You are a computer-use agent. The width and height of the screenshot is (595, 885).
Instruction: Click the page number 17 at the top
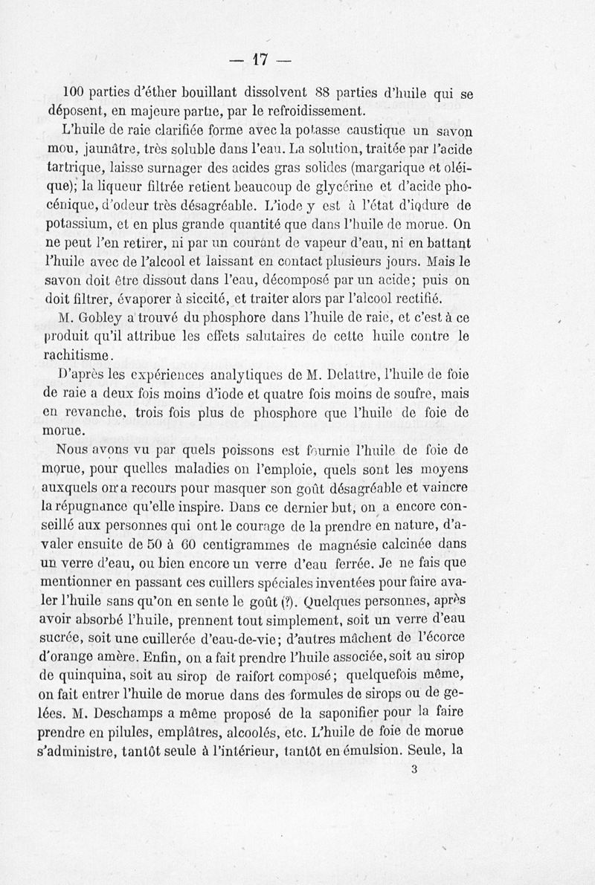pyautogui.click(x=259, y=58)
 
